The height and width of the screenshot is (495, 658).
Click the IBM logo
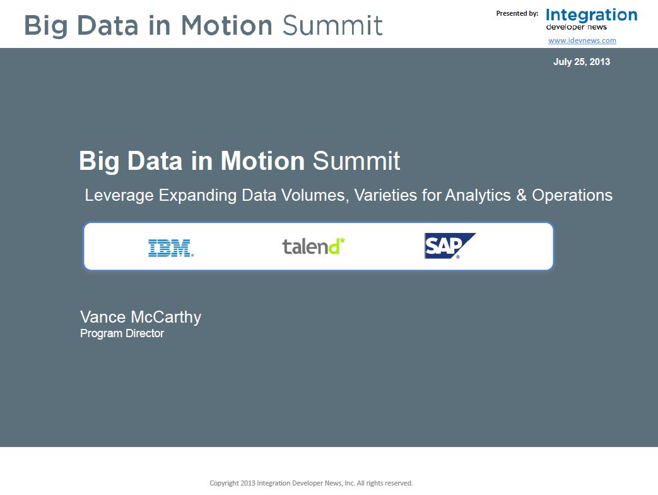171,247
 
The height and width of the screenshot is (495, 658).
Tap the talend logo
314,246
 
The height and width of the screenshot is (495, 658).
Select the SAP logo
450,246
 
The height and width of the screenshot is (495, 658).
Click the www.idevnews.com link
582,40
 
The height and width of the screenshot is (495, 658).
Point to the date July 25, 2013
582,62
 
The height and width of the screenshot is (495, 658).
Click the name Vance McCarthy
141,317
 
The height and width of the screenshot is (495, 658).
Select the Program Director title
122,333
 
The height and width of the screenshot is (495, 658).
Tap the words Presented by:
517,13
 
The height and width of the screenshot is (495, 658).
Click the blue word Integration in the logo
591,16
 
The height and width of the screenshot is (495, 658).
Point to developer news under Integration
576,27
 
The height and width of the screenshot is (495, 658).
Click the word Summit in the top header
332,25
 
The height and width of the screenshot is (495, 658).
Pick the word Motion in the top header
226,25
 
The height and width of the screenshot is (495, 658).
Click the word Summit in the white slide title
356,161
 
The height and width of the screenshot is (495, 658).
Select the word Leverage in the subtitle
119,196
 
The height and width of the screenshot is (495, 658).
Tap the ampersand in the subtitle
521,195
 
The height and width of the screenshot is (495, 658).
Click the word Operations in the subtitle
572,196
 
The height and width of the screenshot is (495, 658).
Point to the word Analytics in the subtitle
478,196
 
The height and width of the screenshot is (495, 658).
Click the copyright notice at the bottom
311,483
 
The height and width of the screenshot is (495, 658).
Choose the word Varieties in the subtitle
385,195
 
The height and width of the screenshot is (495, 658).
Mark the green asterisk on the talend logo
342,240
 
